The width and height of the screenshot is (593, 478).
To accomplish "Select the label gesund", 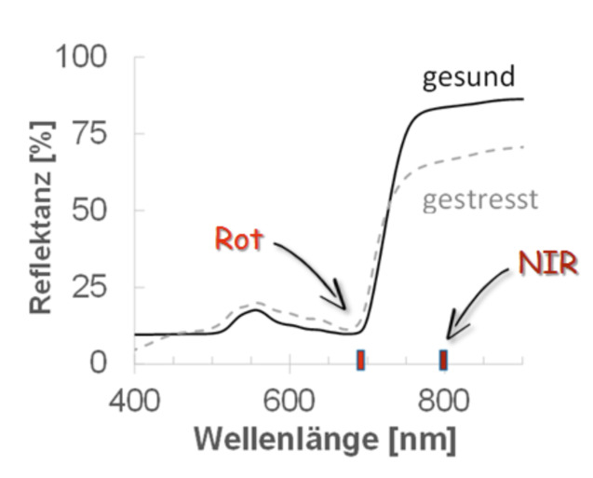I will click(x=468, y=77).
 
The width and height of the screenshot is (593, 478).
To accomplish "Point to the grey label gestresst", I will click(x=480, y=200).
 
